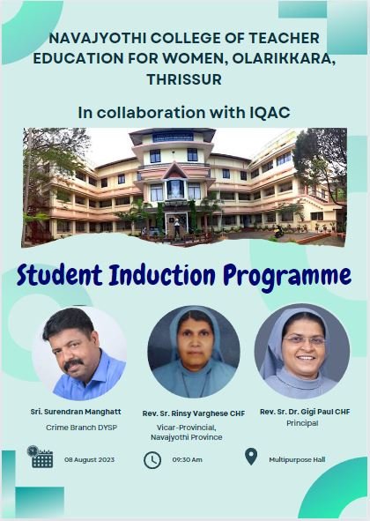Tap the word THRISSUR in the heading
tap(184, 79)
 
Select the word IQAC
tap(270, 113)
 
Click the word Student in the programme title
tap(60, 275)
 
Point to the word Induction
tap(162, 275)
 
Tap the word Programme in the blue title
tap(287, 277)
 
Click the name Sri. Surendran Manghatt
tap(76, 412)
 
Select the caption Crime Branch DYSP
tap(81, 428)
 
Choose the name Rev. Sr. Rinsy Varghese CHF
tap(194, 413)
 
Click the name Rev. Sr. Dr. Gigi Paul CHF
tap(305, 412)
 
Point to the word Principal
tap(302, 423)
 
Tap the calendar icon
tap(41, 457)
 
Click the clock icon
tap(152, 460)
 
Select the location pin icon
tap(251, 457)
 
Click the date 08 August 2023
tap(89, 459)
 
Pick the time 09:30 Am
tap(187, 459)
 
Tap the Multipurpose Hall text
tap(297, 460)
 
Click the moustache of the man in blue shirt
tap(73, 363)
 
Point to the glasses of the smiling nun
tap(305, 339)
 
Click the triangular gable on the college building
tap(174, 171)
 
